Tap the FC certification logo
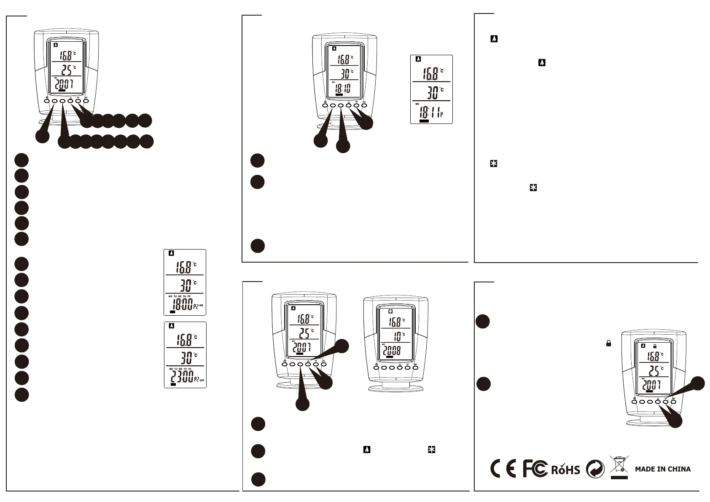coord(535,469)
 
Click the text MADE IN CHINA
coord(663,469)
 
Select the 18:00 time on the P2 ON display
coord(181,305)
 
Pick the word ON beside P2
coord(201,305)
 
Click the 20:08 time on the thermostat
coord(392,350)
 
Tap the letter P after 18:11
coord(441,114)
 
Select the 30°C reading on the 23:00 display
coord(186,358)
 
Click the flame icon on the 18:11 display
coord(418,59)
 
